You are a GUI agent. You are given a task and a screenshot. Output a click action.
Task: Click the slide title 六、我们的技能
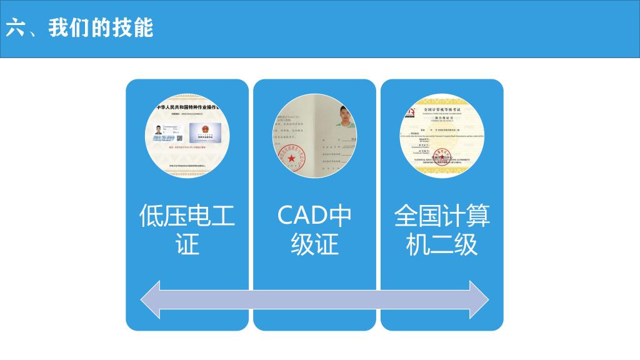[x=79, y=28]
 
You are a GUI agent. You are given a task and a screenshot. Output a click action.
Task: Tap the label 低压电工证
[x=187, y=229]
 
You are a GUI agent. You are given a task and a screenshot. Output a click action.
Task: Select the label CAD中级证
[x=314, y=229]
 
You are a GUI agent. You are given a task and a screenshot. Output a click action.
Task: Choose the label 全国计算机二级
[x=442, y=229]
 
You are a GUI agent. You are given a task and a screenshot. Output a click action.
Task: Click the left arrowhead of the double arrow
[x=151, y=299]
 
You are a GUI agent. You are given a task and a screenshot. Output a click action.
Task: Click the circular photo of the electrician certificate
[x=187, y=136]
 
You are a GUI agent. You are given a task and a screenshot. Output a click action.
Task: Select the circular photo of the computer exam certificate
[x=442, y=136]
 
